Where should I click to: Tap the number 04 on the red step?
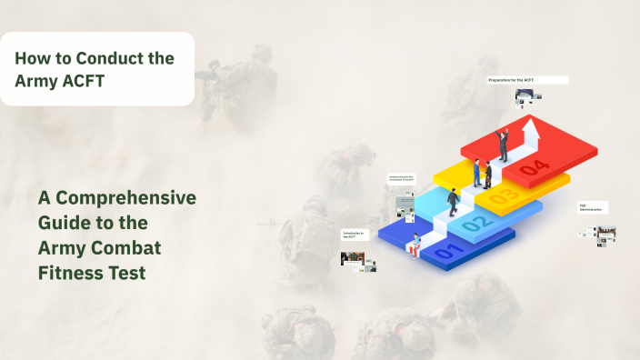(536, 167)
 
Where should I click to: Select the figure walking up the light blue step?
(452, 202)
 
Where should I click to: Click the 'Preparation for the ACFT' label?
(527, 80)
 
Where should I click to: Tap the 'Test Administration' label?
(593, 207)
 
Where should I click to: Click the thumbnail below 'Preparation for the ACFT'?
(523, 96)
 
